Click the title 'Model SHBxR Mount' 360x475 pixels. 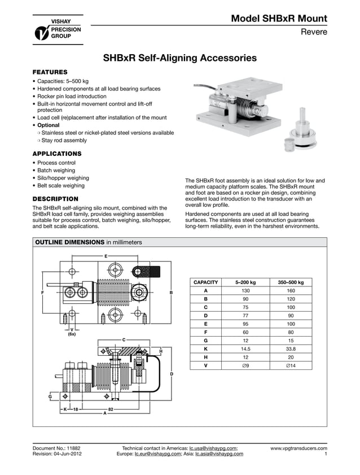[279, 18]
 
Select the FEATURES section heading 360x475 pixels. [50, 72]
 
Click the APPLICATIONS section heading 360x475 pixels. [57, 154]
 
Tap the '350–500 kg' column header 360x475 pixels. [291, 282]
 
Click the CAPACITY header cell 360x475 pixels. [205, 282]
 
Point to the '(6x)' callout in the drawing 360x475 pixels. [72, 334]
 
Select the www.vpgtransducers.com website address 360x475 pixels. [298, 448]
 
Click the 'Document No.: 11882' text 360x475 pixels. [60, 448]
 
